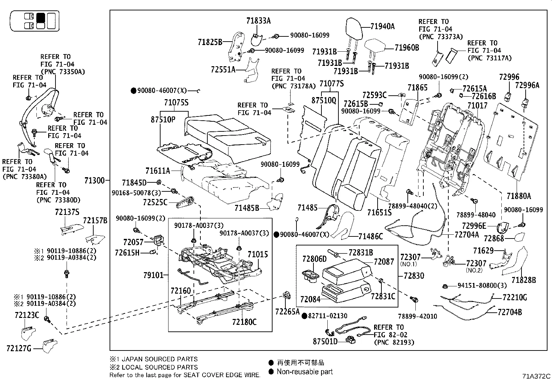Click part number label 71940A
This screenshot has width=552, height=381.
tap(382, 26)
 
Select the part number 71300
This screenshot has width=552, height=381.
tap(94, 180)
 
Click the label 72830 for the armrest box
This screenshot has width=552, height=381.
tap(414, 276)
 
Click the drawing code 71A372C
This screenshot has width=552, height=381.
tap(536, 376)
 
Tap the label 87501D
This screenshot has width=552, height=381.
tap(325, 341)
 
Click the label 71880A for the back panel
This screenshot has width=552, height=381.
tap(518, 196)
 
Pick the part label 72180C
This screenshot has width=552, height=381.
tap(244, 322)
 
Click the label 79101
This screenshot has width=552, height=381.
tap(153, 276)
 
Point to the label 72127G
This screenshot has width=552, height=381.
tap(19, 348)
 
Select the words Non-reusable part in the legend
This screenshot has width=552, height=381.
tap(304, 372)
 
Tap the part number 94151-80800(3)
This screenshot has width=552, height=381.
tap(482, 286)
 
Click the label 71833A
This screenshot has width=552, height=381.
tap(258, 21)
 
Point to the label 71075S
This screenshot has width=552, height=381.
tap(176, 103)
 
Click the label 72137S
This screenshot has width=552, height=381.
tap(67, 212)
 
